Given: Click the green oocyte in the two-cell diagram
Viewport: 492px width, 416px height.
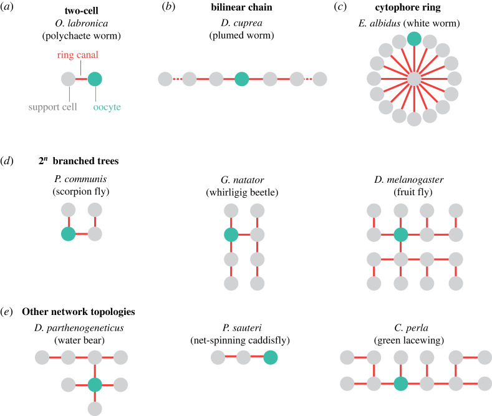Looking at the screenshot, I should point(95,79).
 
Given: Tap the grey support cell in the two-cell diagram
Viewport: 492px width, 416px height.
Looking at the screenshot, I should point(69,79).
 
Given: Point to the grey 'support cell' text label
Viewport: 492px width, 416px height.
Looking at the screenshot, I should point(52,107).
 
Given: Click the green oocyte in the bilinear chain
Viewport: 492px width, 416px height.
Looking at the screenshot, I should point(241,79).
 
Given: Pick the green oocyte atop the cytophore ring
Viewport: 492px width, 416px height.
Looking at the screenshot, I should point(414,39).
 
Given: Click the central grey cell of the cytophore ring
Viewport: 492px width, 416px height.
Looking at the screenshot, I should point(414,79).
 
